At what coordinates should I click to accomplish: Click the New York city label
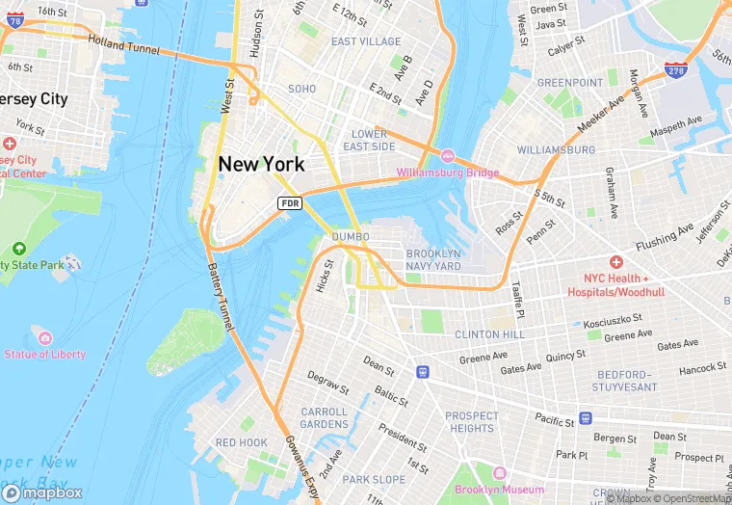pos(261,164)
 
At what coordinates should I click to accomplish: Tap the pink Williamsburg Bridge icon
pos(447,156)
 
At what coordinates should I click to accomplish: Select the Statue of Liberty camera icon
pos(44,337)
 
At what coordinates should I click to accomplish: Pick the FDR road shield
pos(290,203)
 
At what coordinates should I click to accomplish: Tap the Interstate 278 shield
pos(675,69)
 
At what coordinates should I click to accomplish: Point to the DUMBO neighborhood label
pos(350,236)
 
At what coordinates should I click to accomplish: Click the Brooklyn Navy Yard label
pos(433,259)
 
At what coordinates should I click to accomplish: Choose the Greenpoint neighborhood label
pos(569,83)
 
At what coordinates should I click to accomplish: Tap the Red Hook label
pos(241,442)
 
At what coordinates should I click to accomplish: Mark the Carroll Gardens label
pos(324,417)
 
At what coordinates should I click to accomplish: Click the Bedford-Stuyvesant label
pos(620,380)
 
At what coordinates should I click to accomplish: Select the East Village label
pos(366,41)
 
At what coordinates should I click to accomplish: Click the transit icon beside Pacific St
pos(585,420)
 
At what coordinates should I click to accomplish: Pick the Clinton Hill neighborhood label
pos(490,333)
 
